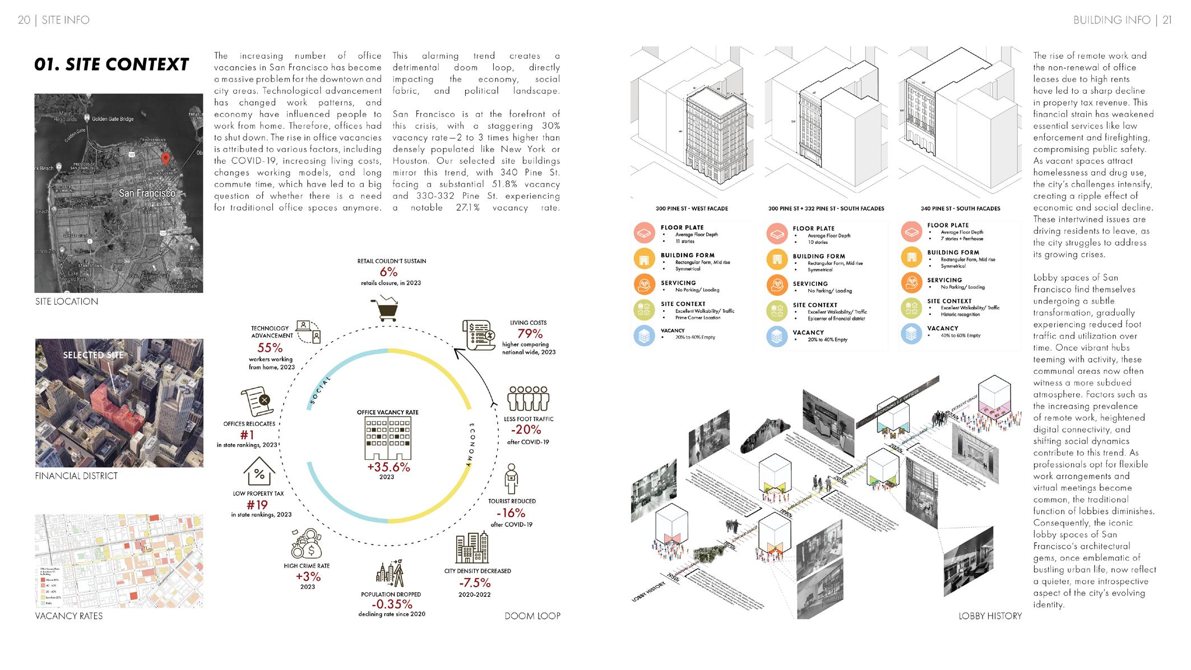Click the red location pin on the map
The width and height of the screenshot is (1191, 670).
[x=165, y=159]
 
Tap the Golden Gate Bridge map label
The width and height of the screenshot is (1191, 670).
[x=113, y=119]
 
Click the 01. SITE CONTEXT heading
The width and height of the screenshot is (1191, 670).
[x=112, y=64]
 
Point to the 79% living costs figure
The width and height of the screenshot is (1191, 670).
[x=530, y=334]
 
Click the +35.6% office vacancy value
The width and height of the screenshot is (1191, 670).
[x=388, y=467]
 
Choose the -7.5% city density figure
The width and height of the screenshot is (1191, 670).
[x=475, y=583]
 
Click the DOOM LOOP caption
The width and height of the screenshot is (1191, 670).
[x=532, y=616]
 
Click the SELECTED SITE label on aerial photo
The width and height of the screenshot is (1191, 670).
[x=93, y=355]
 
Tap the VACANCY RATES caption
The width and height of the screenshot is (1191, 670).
[x=69, y=616]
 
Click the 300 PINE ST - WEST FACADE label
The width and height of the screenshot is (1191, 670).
[x=692, y=208]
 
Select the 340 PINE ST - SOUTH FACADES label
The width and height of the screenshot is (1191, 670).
[x=960, y=208]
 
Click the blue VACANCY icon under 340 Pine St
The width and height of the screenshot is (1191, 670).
[x=911, y=334]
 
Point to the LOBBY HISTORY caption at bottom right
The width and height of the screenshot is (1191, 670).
[x=990, y=616]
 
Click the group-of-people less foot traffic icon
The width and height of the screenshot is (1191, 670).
[x=527, y=398]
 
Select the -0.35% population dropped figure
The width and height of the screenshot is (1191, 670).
[x=392, y=604]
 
